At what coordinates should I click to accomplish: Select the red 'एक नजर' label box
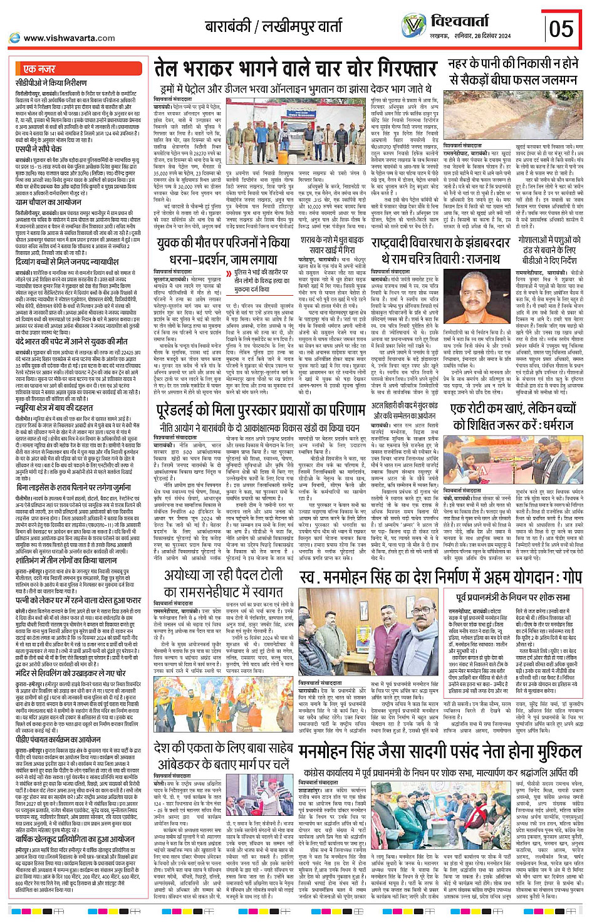(x=39, y=68)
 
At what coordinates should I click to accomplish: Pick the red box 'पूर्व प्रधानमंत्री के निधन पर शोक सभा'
(x=513, y=597)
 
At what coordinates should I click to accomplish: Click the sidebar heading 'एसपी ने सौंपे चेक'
(x=41, y=150)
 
